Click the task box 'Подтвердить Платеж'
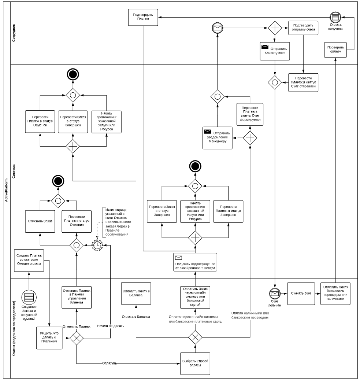[143, 17]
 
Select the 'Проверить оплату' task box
[335, 49]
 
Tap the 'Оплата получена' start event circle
[335, 18]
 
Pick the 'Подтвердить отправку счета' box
[303, 28]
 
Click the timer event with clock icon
[97, 245]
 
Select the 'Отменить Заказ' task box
[40, 221]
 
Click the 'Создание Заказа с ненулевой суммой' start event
[28, 296]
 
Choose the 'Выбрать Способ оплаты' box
[195, 363]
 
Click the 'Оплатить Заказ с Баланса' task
[136, 293]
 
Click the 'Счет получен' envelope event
[274, 293]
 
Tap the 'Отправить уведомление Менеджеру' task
[218, 138]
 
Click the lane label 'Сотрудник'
[14, 33]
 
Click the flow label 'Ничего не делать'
[111, 325]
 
